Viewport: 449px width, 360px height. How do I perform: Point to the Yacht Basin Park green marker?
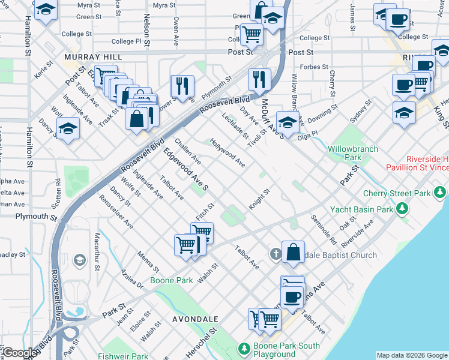click(402, 209)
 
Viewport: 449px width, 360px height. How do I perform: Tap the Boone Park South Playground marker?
click(244, 349)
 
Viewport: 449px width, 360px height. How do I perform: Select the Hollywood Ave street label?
click(228, 152)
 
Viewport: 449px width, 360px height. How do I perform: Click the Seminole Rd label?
click(324, 230)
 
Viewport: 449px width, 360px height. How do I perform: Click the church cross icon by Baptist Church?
click(276, 254)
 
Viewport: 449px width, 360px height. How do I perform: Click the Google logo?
click(19, 353)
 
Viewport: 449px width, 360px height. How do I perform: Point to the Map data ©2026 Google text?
click(411, 355)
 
